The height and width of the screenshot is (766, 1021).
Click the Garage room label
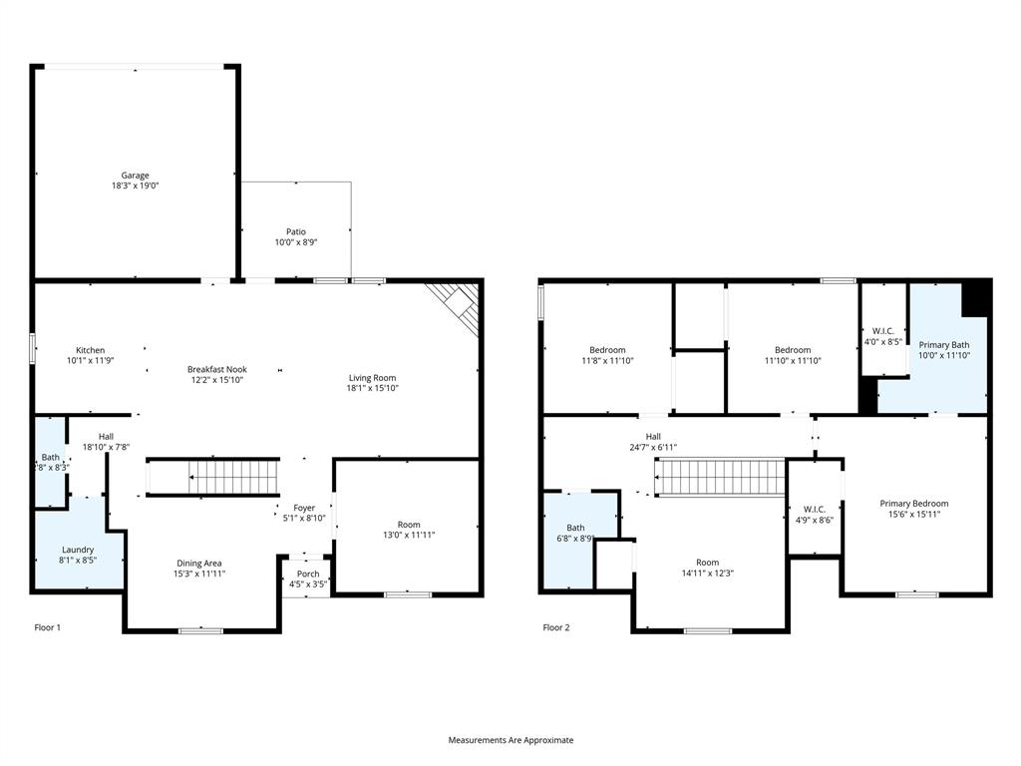pos(136,176)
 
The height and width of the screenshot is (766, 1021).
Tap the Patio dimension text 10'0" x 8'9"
pos(296,242)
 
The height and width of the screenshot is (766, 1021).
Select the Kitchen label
pos(90,350)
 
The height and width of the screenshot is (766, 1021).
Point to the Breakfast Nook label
pos(215,369)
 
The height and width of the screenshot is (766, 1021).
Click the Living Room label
pos(372,378)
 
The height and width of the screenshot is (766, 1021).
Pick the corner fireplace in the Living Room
pos(458,305)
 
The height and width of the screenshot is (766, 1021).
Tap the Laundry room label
pos(78,550)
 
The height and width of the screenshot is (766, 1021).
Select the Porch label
pos(308,574)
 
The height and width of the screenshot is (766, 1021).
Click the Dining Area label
pos(200,563)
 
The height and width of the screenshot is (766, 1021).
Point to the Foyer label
pos(304,508)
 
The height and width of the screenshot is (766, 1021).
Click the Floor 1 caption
pos(48,627)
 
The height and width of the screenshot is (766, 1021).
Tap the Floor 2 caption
pos(556,627)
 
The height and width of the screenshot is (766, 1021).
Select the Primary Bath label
pos(943,344)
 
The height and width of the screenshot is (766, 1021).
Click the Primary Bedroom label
pos(913,504)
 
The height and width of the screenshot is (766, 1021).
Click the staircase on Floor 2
pos(720,477)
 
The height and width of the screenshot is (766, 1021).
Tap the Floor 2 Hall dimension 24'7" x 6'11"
pos(653,448)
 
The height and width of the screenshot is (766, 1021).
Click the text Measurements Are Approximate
pos(510,740)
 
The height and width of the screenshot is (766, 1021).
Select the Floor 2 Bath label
pos(576,528)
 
